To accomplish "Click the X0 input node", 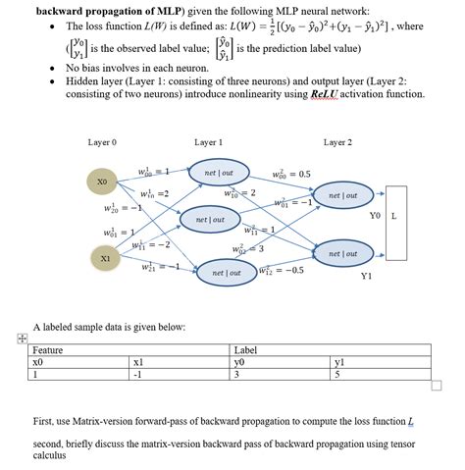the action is (102, 182).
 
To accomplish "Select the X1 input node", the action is (105, 257).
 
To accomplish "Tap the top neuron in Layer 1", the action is (217, 173).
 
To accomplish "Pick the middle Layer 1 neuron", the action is (211, 220).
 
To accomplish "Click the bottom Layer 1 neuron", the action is (227, 273).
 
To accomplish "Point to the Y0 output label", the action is (375, 215).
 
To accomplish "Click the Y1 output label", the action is (366, 276).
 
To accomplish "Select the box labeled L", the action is (393, 215).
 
